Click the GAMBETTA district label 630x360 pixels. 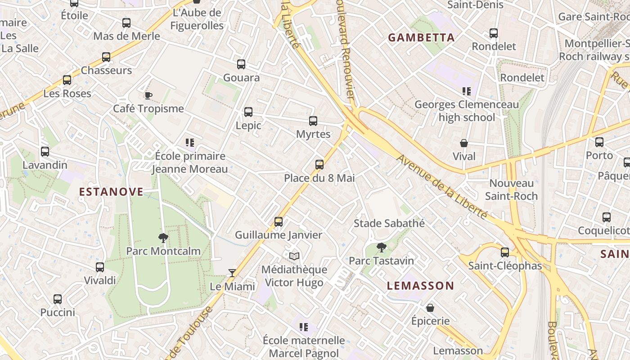[x=421, y=38]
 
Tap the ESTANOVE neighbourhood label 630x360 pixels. [x=111, y=192]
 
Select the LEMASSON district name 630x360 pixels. [x=421, y=286]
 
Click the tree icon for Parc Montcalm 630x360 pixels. [x=163, y=238]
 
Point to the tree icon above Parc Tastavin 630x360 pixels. [x=382, y=247]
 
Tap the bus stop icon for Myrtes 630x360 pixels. [x=313, y=121]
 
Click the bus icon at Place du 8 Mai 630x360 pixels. [x=319, y=165]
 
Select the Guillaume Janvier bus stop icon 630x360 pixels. [x=279, y=222]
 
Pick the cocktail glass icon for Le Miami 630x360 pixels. [x=232, y=273]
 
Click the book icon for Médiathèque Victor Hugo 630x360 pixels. [x=294, y=256]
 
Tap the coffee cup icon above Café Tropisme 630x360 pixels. [x=148, y=95]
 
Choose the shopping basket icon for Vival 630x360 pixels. [x=464, y=144]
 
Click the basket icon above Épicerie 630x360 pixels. [x=430, y=308]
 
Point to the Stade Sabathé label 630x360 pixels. [x=389, y=223]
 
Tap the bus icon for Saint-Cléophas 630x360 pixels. [x=505, y=252]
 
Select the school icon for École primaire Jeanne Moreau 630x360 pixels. [x=190, y=143]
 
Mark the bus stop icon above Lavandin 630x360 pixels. [x=45, y=152]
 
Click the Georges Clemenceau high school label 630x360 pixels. [x=466, y=111]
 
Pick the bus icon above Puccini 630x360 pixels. [x=58, y=299]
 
